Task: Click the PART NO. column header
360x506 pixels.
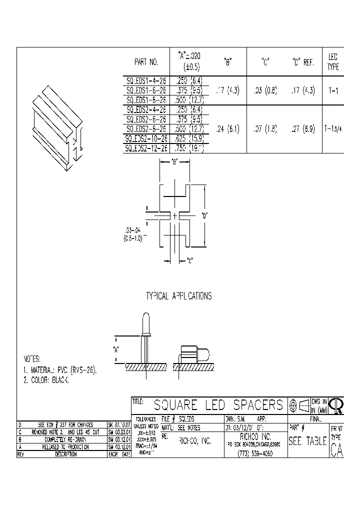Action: pyautogui.click(x=146, y=62)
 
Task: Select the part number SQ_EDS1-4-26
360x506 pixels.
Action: pyautogui.click(x=146, y=79)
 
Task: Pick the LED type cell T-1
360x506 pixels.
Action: pyautogui.click(x=333, y=91)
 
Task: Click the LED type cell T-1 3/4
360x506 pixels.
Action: pyautogui.click(x=333, y=128)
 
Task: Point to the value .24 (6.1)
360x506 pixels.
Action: pyautogui.click(x=227, y=128)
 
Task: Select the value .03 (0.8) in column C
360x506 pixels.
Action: pyautogui.click(x=265, y=91)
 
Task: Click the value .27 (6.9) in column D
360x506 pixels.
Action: pyautogui.click(x=303, y=128)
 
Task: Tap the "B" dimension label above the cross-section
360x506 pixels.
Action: pyautogui.click(x=174, y=161)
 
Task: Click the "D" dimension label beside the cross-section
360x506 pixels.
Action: pyautogui.click(x=204, y=216)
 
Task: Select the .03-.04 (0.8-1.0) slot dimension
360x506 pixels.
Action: pyautogui.click(x=133, y=234)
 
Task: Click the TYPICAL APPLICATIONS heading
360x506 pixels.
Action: pyautogui.click(x=178, y=296)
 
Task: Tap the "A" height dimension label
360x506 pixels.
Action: pyautogui.click(x=116, y=349)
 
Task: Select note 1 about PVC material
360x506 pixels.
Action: pyautogui.click(x=60, y=370)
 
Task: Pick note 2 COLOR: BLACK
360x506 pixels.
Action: pyautogui.click(x=46, y=380)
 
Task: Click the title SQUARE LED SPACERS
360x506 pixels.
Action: pyautogui.click(x=218, y=404)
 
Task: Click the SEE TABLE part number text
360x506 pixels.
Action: pyautogui.click(x=307, y=441)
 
